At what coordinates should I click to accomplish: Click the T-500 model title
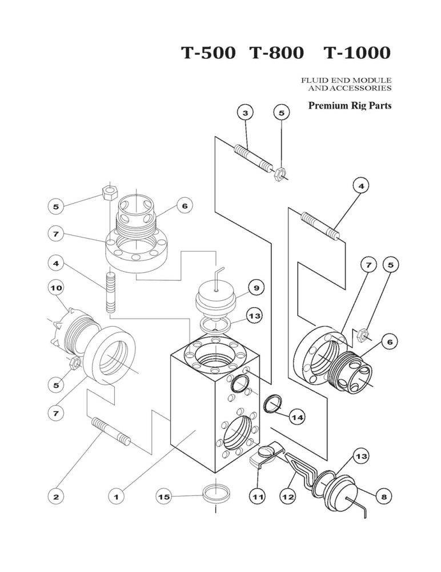coord(208,53)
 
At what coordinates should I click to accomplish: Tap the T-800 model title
coord(278,53)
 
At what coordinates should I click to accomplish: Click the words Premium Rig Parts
coord(350,106)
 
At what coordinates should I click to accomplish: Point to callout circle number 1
coord(116,497)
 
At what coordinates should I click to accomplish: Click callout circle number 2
coord(56,497)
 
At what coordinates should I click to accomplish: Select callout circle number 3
coord(245,113)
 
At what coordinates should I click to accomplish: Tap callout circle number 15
coord(165,497)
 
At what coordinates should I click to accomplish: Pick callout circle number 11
coord(258,497)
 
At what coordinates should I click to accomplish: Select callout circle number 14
coord(297,418)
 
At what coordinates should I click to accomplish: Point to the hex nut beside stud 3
coord(280,173)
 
